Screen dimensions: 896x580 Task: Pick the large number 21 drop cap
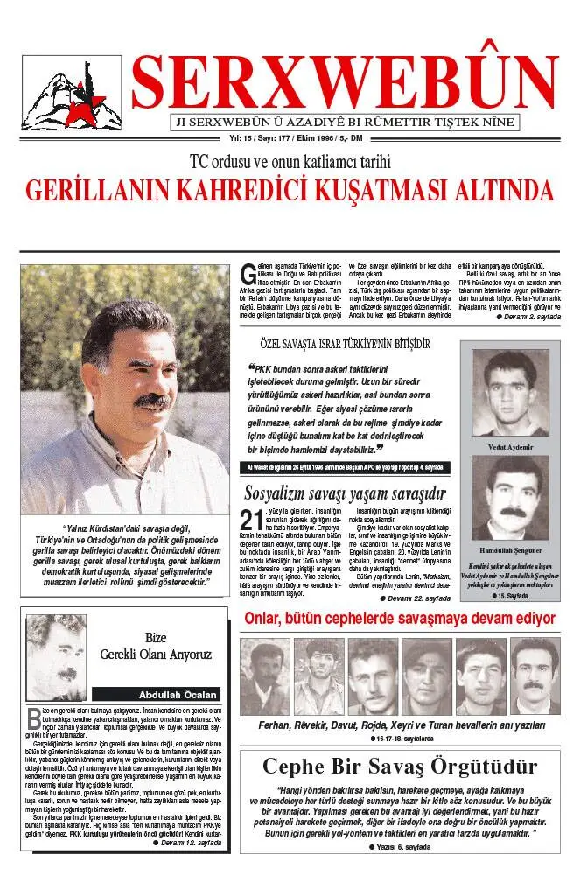(250, 522)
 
